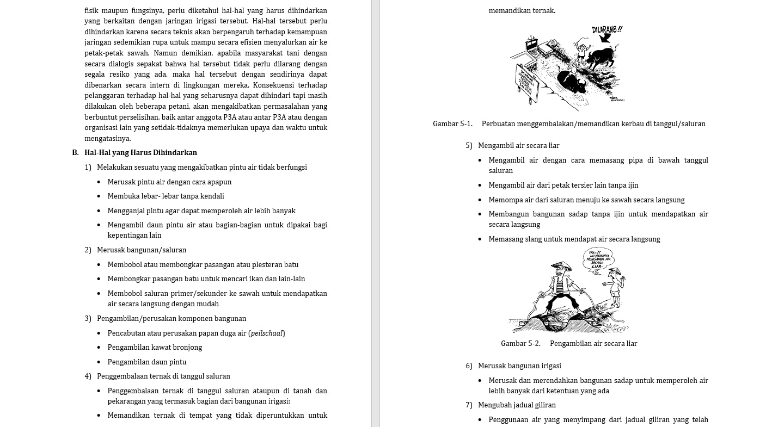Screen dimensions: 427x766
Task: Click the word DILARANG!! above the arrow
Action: coord(607,30)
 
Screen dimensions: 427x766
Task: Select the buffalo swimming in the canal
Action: coord(571,82)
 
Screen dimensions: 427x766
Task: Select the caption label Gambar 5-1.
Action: coord(452,124)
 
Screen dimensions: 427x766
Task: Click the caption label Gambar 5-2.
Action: coord(520,344)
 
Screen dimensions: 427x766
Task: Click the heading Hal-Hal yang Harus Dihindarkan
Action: coord(140,153)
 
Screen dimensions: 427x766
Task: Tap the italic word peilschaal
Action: coord(267,333)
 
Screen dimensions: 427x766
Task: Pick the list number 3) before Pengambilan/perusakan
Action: coord(88,319)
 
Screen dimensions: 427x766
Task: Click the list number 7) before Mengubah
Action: coord(469,405)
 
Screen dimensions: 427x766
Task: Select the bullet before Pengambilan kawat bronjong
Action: coord(99,348)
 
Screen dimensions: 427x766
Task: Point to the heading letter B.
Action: coord(75,153)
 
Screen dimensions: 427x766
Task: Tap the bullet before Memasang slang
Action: coord(480,239)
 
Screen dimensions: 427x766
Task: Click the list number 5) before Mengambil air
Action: coord(469,146)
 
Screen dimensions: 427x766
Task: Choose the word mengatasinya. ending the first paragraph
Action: coord(108,139)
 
